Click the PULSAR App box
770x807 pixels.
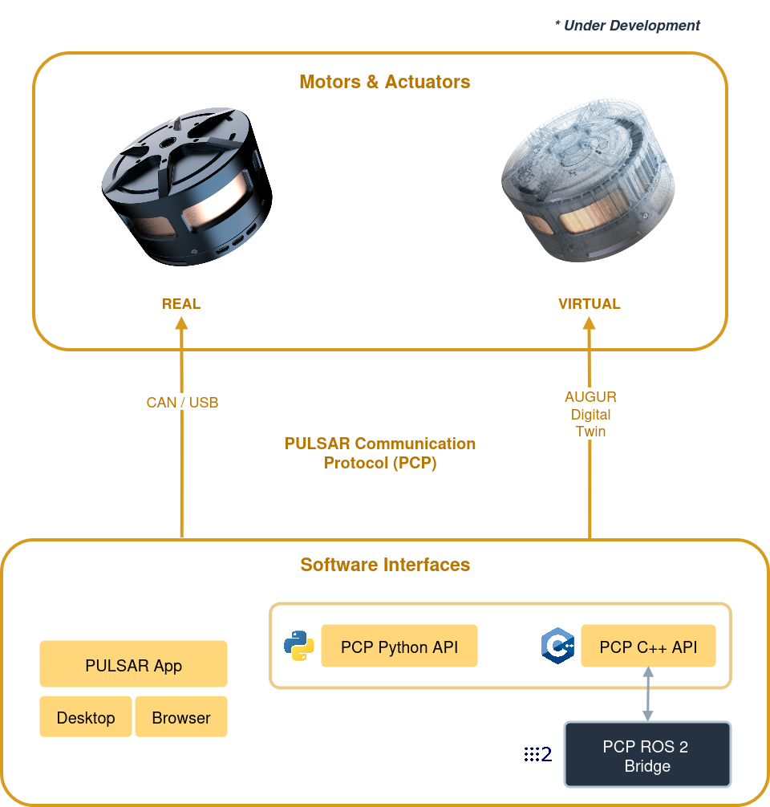click(x=133, y=664)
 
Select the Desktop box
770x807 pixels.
click(x=86, y=717)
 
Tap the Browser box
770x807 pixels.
click(x=181, y=717)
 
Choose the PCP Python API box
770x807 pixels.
click(x=399, y=646)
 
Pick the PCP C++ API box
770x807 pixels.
click(x=649, y=646)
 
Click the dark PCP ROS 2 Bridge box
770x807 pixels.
click(x=647, y=755)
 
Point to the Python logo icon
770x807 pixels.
click(x=299, y=646)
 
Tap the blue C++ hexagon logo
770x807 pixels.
click(x=558, y=646)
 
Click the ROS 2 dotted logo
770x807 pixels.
click(x=538, y=754)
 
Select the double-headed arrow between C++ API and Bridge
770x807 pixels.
click(x=648, y=694)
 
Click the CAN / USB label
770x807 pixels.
click(x=182, y=403)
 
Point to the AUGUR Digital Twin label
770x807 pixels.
click(x=590, y=414)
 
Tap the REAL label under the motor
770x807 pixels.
click(x=181, y=304)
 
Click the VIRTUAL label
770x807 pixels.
click(x=590, y=304)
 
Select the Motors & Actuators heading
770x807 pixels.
click(x=385, y=82)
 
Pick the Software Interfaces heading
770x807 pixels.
click(x=385, y=565)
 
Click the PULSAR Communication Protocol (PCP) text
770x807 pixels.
click(x=380, y=453)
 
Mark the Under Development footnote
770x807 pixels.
click(x=627, y=25)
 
